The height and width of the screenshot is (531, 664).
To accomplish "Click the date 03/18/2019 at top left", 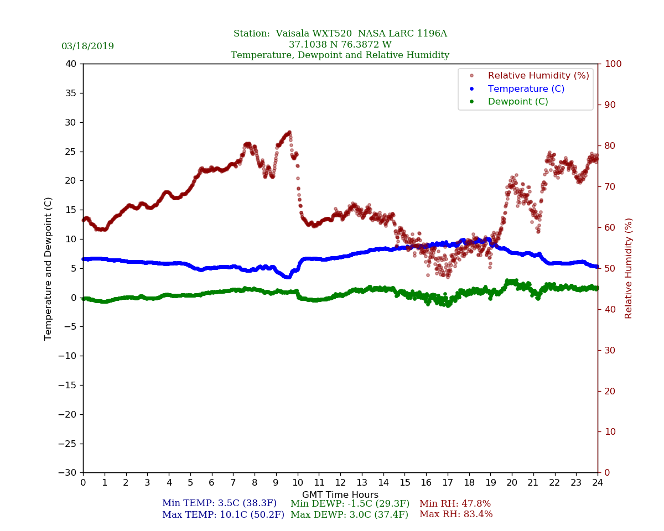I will pyautogui.click(x=87, y=46).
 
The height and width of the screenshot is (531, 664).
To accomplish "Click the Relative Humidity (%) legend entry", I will pyautogui.click(x=538, y=76).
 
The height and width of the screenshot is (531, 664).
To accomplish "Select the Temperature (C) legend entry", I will pyautogui.click(x=526, y=88).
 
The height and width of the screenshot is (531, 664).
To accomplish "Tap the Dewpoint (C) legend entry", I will pyautogui.click(x=518, y=102).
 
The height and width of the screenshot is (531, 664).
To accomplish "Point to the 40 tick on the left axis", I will pyautogui.click(x=70, y=64).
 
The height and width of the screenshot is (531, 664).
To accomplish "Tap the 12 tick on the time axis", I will pyautogui.click(x=340, y=482).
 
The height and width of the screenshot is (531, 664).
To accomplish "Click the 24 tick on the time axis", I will pyautogui.click(x=598, y=482).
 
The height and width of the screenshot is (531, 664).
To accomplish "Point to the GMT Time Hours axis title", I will pyautogui.click(x=340, y=495).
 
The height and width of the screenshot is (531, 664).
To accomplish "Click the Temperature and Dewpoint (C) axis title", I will pyautogui.click(x=49, y=268).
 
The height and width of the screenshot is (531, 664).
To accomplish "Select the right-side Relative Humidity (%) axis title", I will pyautogui.click(x=629, y=268).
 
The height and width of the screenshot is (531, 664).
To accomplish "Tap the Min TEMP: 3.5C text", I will pyautogui.click(x=219, y=504).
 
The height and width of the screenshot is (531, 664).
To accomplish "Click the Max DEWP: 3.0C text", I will pyautogui.click(x=349, y=515).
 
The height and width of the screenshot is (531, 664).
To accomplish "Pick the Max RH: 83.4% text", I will pyautogui.click(x=456, y=514).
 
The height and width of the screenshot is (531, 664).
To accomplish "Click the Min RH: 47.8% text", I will pyautogui.click(x=455, y=504).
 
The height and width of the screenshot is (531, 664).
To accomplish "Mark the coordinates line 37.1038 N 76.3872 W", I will pyautogui.click(x=340, y=45).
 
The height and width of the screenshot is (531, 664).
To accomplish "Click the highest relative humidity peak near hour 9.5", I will pyautogui.click(x=289, y=132).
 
